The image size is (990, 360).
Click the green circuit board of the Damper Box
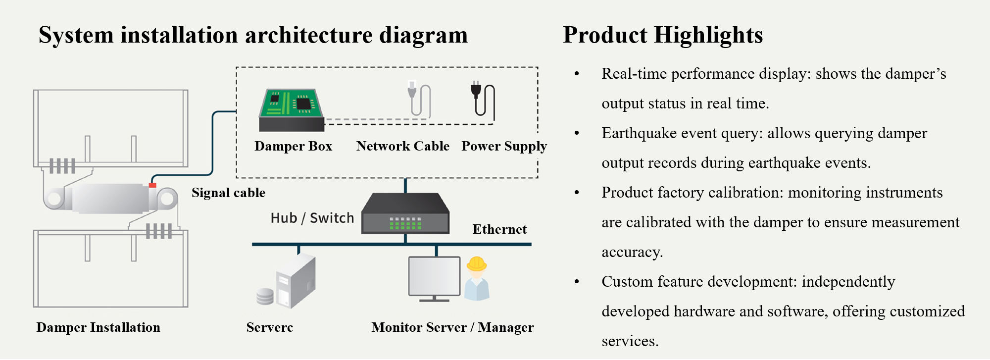tap(291, 103)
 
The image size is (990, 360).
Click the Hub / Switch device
tap(405, 213)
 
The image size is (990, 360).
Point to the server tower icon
tap(296, 281)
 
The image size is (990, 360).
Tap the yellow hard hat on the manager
tap(477, 263)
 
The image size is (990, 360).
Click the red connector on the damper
tap(152, 186)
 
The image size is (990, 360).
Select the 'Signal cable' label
tap(228, 193)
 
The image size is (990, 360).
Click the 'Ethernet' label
tap(499, 229)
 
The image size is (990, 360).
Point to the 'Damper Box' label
tap(293, 146)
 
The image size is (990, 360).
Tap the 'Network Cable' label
tap(402, 146)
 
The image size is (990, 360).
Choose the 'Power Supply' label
tap(504, 147)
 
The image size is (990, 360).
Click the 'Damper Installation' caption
tap(98, 327)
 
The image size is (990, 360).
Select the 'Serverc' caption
tap(269, 327)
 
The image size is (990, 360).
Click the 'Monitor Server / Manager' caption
tap(452, 327)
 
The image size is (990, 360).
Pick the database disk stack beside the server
tap(265, 296)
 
